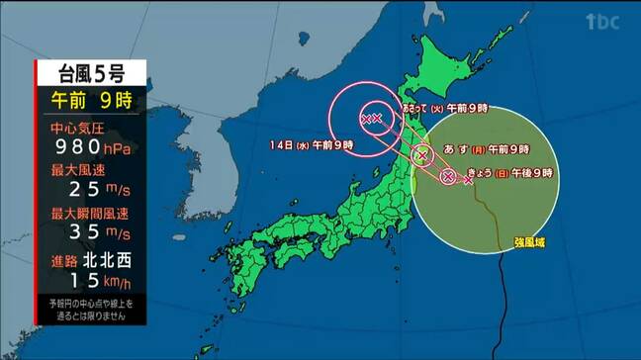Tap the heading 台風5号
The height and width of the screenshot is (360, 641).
pyautogui.click(x=90, y=72)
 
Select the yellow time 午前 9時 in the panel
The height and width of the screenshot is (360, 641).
pyautogui.click(x=91, y=100)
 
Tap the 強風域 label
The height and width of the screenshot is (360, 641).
pyautogui.click(x=530, y=241)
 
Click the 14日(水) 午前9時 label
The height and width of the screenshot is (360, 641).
pyautogui.click(x=312, y=145)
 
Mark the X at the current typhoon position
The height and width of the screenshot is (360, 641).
pyautogui.click(x=468, y=180)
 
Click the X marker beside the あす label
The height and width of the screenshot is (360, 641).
pyautogui.click(x=423, y=155)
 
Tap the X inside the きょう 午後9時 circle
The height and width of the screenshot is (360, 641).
pyautogui.click(x=447, y=176)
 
